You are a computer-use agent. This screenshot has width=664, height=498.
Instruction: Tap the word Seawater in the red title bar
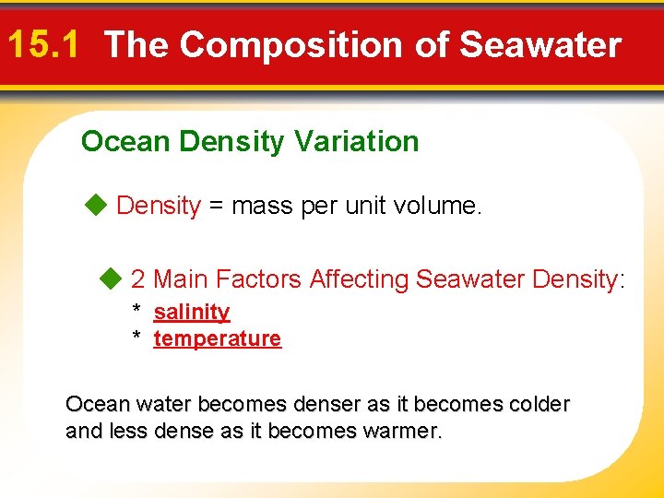540,44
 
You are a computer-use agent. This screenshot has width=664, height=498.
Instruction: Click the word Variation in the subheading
356,141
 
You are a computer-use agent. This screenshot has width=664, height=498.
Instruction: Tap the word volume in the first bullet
436,207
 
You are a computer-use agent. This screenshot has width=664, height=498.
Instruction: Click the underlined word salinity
191,312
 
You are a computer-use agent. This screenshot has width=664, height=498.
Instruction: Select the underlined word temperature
217,338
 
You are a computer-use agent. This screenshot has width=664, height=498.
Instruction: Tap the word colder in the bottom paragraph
536,404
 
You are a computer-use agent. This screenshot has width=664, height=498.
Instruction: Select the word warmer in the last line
406,431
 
